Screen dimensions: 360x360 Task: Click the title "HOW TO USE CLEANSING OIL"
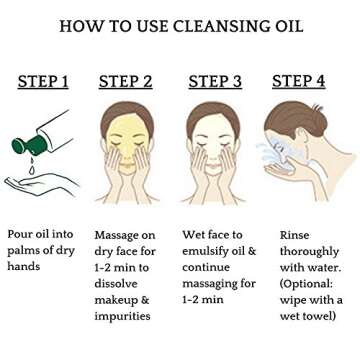[x=179, y=26]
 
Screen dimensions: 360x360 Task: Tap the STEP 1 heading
[x=43, y=82]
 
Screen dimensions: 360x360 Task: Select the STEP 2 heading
[x=126, y=82]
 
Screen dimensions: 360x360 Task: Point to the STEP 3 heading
[x=215, y=82]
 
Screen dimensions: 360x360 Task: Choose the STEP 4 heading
[x=299, y=82]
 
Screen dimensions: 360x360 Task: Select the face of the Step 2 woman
[x=127, y=140]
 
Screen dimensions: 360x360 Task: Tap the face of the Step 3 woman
[x=213, y=141]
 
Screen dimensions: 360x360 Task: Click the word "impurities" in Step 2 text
[x=122, y=316]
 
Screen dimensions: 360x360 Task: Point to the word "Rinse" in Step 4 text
[x=296, y=234]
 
